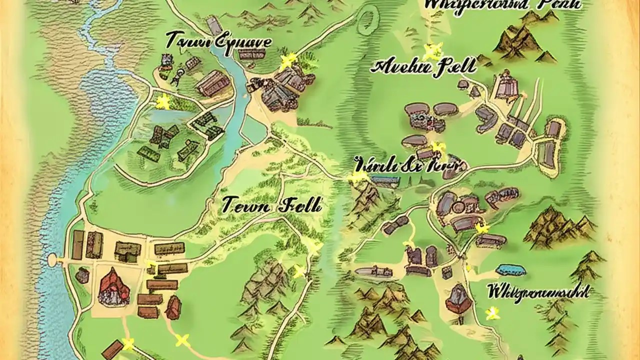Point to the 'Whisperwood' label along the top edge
[502, 5]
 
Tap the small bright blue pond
[511, 270]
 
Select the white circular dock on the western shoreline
[52, 259]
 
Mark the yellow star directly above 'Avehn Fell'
[432, 50]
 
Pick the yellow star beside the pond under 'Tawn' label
[163, 101]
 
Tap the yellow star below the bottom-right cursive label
[493, 313]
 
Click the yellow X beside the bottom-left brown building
[128, 343]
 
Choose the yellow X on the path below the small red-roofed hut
[182, 340]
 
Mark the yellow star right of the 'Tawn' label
[286, 61]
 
